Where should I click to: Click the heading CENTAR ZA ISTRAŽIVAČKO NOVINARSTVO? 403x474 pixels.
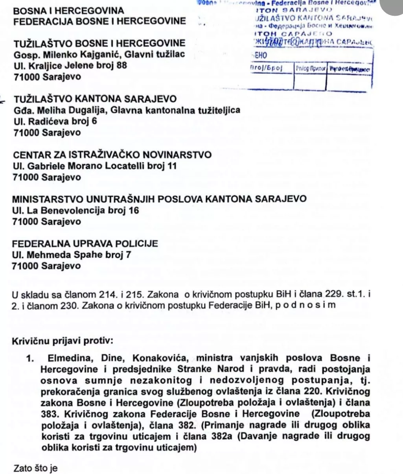click(x=112, y=155)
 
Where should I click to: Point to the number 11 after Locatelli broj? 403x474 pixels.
click(x=171, y=166)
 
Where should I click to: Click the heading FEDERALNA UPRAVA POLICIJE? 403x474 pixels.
click(x=85, y=243)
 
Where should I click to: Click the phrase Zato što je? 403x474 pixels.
click(x=36, y=468)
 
